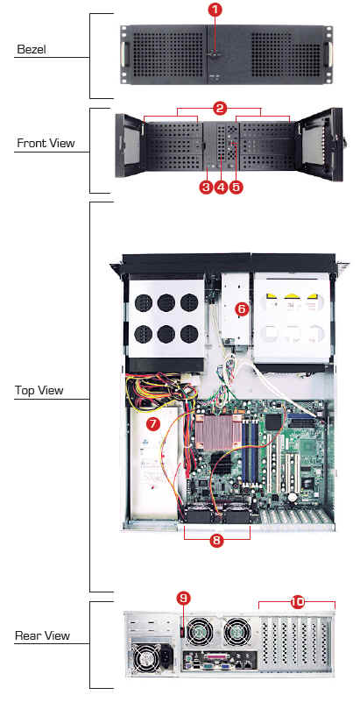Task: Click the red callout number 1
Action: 215,11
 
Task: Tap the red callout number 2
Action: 220,108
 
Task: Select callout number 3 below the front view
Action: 206,187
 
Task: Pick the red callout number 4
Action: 221,187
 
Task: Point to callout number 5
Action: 236,187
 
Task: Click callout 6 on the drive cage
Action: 241,308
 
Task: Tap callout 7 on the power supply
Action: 153,422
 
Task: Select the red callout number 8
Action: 216,541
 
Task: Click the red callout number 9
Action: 183,597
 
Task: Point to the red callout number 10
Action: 297,602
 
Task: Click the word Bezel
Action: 32,49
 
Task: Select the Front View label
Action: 46,144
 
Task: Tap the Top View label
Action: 39,390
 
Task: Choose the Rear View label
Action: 43,635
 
